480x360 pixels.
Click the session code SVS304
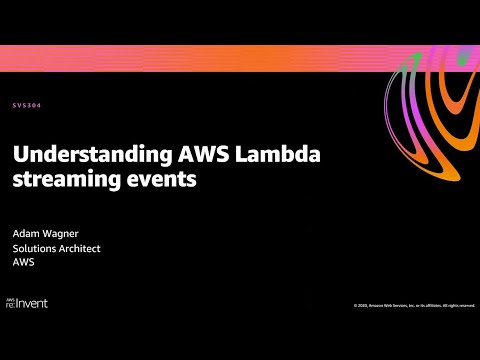[27, 105]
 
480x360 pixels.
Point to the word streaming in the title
[56, 181]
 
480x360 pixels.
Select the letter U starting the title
[17, 157]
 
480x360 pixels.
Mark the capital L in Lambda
[197, 157]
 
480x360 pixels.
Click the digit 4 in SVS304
[39, 105]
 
